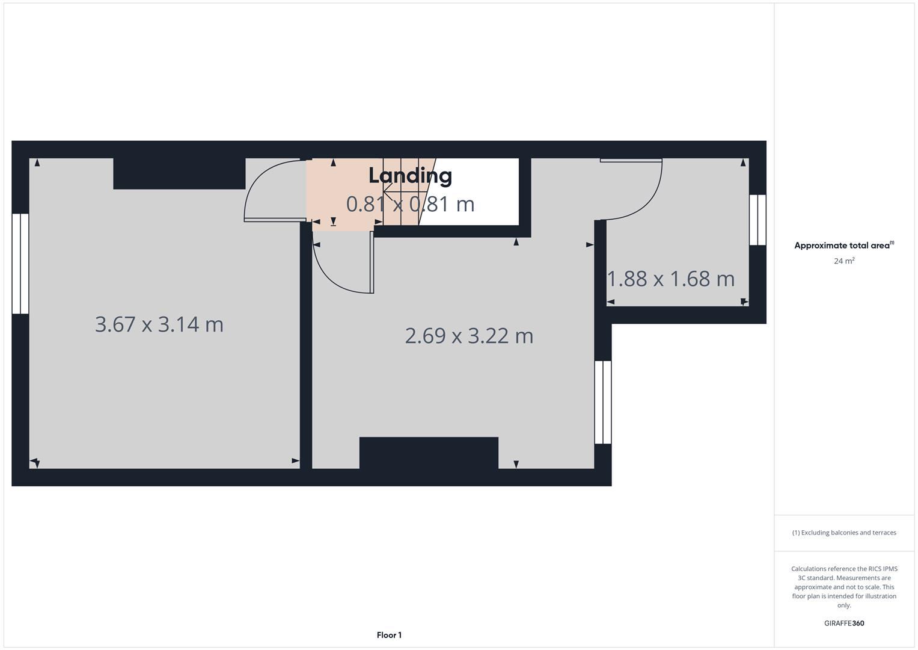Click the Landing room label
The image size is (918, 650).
pos(410,176)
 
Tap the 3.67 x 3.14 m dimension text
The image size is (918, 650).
pos(159,324)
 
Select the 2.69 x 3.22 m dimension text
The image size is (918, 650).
pos(469,335)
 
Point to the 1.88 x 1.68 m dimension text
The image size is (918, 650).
pos(671,279)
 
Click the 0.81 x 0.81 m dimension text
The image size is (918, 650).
pos(410,205)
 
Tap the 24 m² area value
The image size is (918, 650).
pos(844,261)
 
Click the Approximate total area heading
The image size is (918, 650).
pos(843,246)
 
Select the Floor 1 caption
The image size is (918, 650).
pos(389,635)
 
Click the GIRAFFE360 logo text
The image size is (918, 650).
pos(844,623)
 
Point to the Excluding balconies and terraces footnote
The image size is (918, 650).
pos(844,533)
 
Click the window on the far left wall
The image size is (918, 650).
pos(20,264)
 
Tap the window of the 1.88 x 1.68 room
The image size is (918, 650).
pos(757,220)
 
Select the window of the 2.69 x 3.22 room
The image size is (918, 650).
pos(603,402)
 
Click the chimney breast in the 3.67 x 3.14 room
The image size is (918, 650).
pos(179,173)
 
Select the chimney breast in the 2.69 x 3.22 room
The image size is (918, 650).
pos(429,453)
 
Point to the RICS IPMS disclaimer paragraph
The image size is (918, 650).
pos(844,587)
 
